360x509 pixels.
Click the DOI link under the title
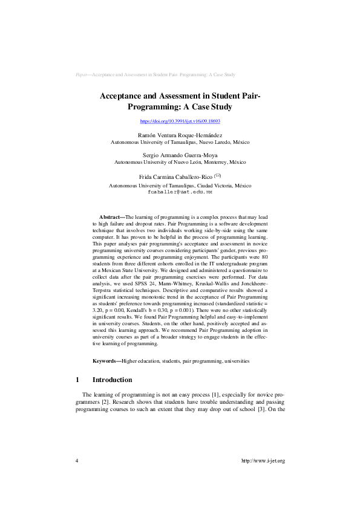click(x=180, y=122)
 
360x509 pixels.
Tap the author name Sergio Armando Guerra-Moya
click(x=180, y=155)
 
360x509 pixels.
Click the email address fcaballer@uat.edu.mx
click(x=180, y=191)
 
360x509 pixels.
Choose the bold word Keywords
click(x=106, y=361)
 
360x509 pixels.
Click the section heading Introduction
click(x=112, y=380)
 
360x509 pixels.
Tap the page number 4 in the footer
click(x=77, y=461)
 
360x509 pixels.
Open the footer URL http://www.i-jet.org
click(x=263, y=461)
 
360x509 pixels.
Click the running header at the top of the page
click(x=155, y=74)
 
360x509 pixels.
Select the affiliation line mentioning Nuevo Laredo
click(x=180, y=142)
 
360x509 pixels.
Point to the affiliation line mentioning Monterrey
click(x=180, y=162)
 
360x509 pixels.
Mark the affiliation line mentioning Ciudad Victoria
click(x=180, y=185)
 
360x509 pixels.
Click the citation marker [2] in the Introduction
click(x=103, y=402)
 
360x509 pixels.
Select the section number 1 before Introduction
click(x=77, y=380)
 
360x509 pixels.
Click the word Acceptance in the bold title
click(x=123, y=96)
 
